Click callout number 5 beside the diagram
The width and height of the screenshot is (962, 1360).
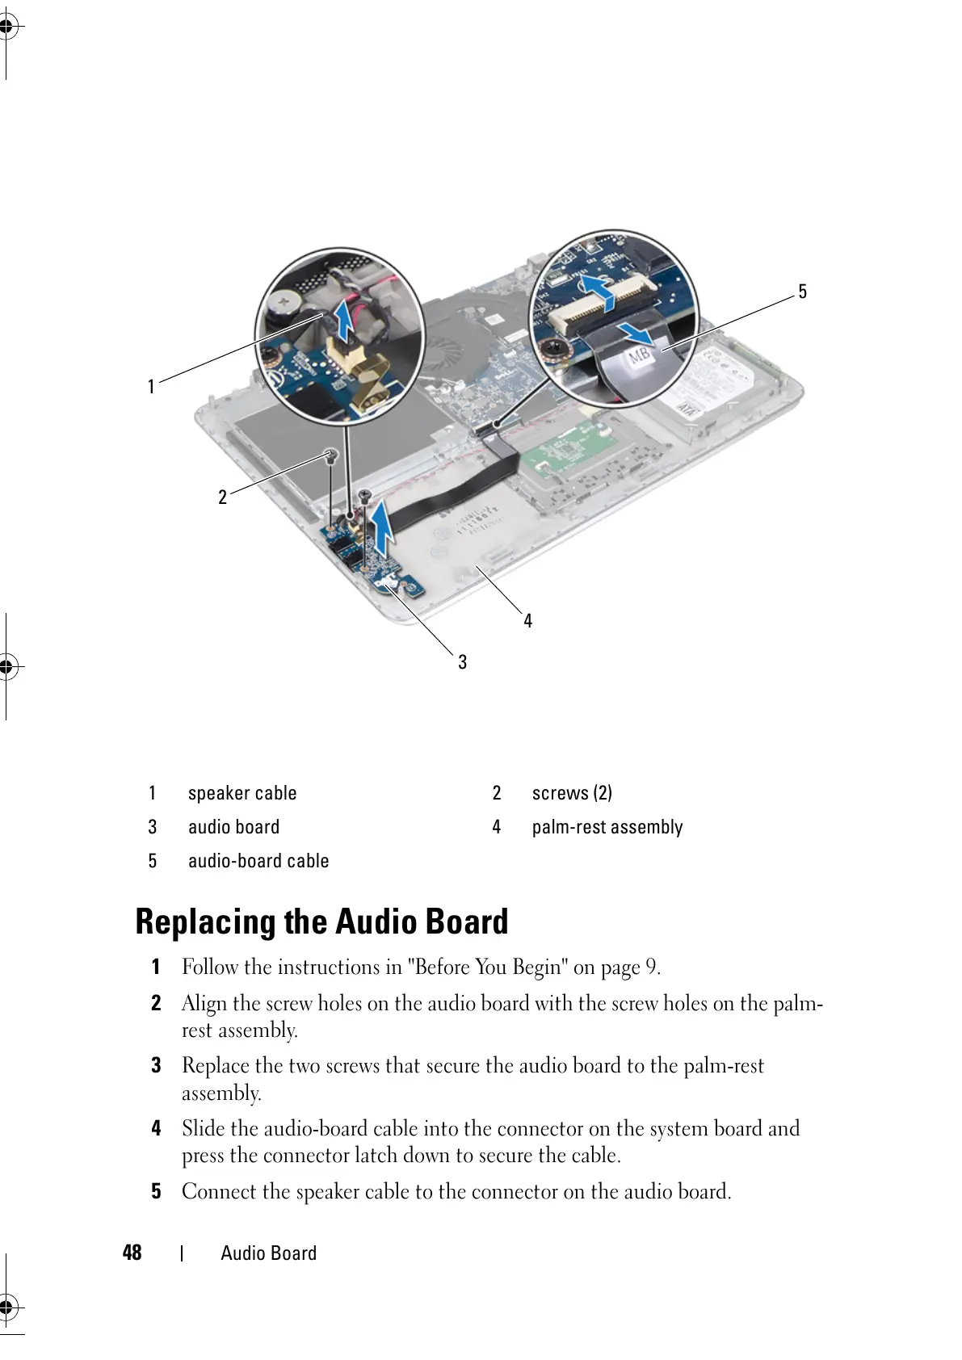pos(802,292)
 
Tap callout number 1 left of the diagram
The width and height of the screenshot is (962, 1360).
pos(150,387)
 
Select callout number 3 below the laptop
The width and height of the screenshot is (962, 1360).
pos(462,662)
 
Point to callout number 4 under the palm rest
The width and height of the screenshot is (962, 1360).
pos(527,620)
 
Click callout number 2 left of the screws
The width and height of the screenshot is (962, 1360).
pos(223,497)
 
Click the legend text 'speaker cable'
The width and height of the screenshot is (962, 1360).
pos(242,793)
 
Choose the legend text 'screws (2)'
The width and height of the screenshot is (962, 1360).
pos(572,793)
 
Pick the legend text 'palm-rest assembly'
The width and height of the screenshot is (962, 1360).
pos(607,827)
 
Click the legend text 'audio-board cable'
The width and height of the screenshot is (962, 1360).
pos(258,861)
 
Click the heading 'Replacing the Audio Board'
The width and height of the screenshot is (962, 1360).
pos(322,921)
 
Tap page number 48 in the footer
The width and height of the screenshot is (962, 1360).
pos(132,1253)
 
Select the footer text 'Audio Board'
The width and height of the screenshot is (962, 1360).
pos(268,1253)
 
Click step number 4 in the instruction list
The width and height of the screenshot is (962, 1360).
pos(157,1128)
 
